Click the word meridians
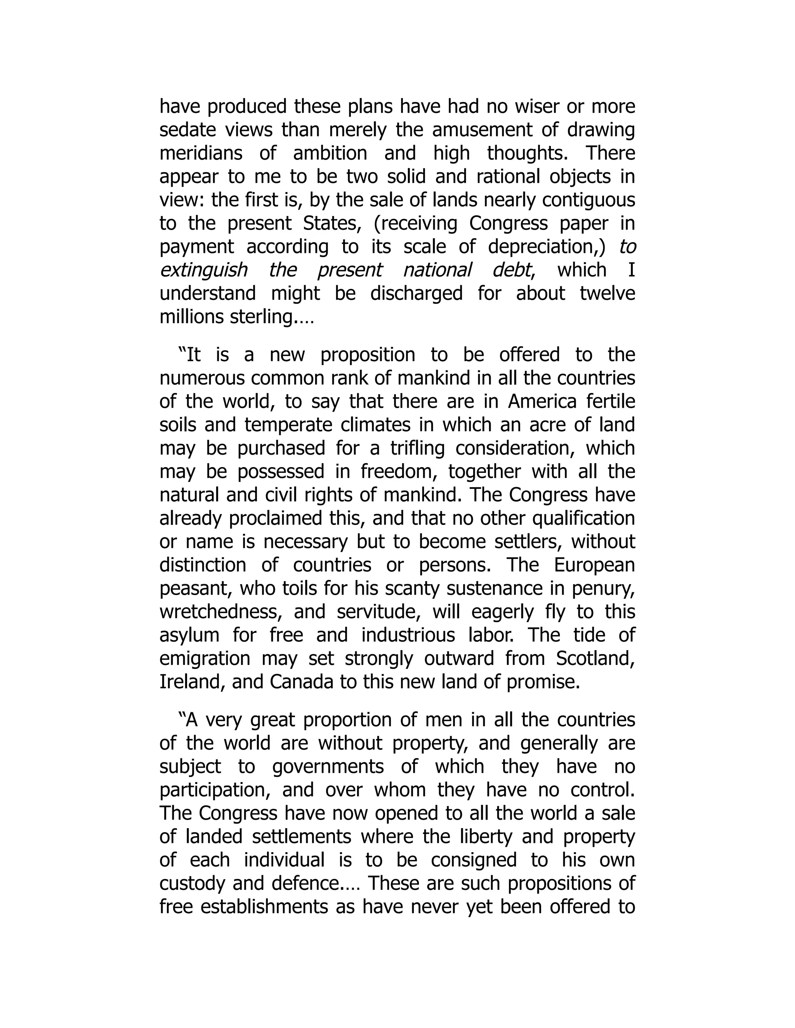tap(201, 154)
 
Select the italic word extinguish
tap(203, 270)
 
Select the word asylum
tap(189, 635)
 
